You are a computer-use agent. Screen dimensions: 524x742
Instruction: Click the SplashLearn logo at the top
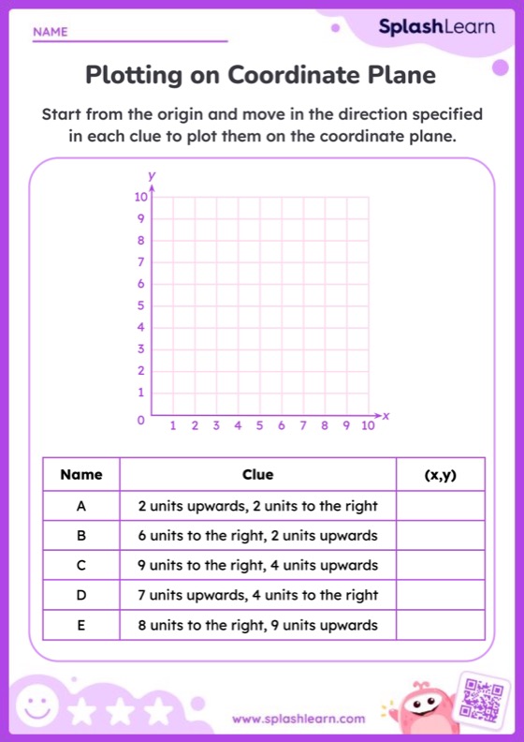(436, 27)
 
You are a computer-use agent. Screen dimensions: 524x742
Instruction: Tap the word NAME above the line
(51, 32)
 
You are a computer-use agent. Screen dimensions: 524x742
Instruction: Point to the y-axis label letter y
(152, 175)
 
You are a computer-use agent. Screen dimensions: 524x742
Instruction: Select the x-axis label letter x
(385, 414)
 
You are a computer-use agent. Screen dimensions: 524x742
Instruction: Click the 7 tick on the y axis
(140, 262)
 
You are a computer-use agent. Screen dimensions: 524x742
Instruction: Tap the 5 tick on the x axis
(259, 426)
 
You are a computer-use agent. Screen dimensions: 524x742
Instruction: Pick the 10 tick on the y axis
(139, 197)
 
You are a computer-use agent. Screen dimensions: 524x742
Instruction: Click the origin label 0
(142, 422)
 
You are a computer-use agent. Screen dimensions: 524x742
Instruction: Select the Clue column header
(257, 475)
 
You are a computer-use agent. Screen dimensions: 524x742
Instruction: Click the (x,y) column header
(440, 475)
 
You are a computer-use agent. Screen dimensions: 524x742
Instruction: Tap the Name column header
(81, 475)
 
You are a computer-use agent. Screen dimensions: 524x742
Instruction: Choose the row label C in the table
(81, 565)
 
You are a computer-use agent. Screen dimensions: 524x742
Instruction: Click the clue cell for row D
(257, 595)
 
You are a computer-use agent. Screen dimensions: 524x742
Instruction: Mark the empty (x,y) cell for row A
(440, 506)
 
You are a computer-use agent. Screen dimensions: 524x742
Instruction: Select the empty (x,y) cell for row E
(440, 625)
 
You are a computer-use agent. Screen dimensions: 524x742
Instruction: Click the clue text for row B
(257, 536)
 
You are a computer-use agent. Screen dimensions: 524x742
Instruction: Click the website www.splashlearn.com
(298, 719)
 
